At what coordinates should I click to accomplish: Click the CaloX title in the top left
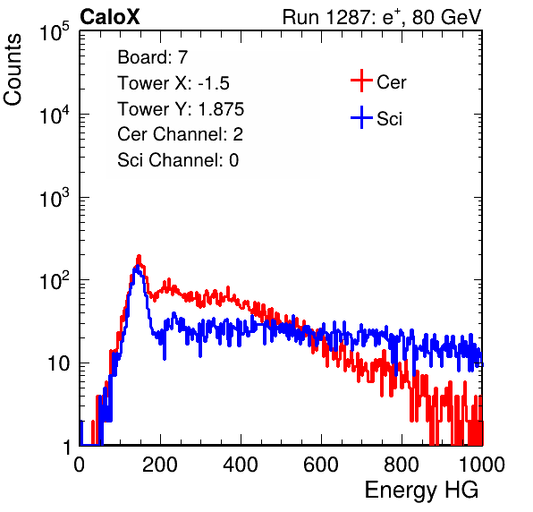(x=109, y=17)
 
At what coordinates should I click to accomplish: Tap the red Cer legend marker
(x=361, y=81)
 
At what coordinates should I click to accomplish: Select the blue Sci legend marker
(x=361, y=117)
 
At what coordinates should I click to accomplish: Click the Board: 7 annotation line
(x=153, y=57)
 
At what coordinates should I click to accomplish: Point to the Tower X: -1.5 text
(x=173, y=83)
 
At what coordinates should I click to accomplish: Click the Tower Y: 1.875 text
(x=181, y=109)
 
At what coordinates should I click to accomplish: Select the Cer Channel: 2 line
(x=180, y=134)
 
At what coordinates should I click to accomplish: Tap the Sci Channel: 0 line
(x=178, y=160)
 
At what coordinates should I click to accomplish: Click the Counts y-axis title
(x=13, y=70)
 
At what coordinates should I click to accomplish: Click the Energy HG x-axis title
(x=421, y=491)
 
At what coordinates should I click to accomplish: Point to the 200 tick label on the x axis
(x=160, y=465)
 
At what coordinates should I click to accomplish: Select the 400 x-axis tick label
(x=241, y=465)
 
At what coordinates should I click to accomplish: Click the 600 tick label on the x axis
(x=321, y=465)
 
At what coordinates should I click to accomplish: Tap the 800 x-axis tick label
(x=402, y=465)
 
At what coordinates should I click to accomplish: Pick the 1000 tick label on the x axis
(x=482, y=465)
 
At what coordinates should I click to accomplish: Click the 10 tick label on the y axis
(x=59, y=363)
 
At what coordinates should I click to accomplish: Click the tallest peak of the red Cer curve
(x=139, y=256)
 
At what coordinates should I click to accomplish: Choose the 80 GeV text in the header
(x=446, y=17)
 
